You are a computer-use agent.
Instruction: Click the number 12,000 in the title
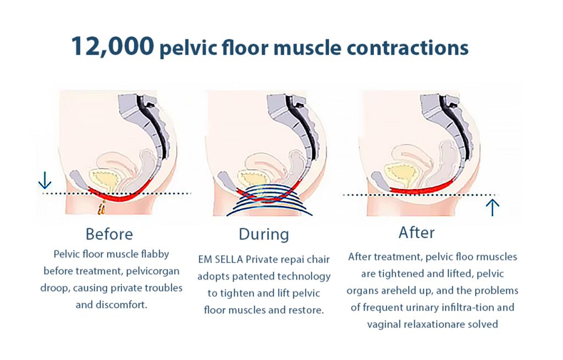(112, 46)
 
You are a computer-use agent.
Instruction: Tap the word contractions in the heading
(407, 48)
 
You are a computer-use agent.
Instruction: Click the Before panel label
(109, 234)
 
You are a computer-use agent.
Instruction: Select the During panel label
(264, 234)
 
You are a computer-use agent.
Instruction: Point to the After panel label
(417, 232)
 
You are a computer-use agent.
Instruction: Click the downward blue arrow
(45, 180)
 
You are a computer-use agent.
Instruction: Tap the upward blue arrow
(493, 208)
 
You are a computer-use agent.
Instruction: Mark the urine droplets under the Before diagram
(102, 208)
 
